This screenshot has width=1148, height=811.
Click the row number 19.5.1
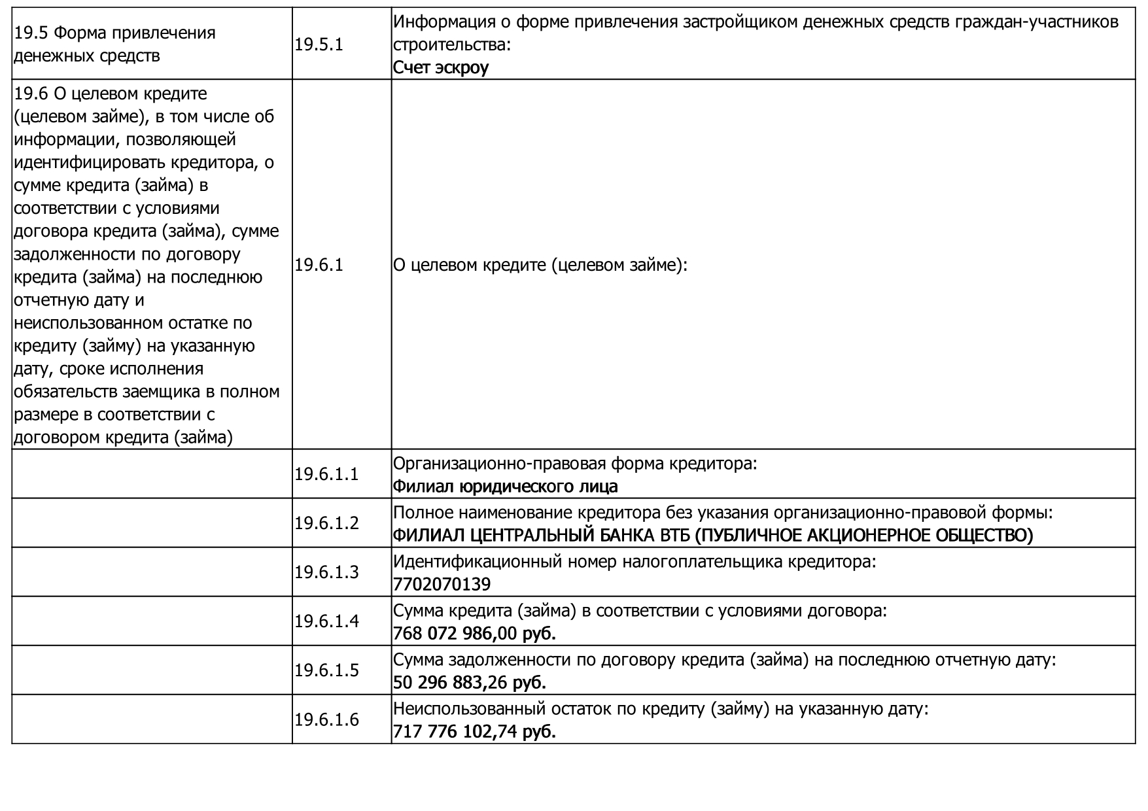319,44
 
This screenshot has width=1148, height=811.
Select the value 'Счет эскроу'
440,67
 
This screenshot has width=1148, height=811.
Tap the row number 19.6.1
319,265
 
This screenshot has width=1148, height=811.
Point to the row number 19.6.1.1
326,474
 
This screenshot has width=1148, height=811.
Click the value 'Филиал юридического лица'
505,487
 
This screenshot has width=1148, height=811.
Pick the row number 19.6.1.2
326,523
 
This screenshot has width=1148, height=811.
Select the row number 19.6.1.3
326,572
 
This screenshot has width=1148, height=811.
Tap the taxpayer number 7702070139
442,584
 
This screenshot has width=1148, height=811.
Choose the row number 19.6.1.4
326,621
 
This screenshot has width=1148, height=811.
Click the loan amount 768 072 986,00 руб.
474,633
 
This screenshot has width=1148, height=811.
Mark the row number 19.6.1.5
326,670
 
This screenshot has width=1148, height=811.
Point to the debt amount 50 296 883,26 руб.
469,682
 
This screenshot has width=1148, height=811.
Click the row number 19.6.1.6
326,719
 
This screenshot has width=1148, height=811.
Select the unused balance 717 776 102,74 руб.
474,731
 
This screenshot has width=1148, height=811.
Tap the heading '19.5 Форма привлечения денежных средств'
114,44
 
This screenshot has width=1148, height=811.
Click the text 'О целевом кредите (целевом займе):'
540,265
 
